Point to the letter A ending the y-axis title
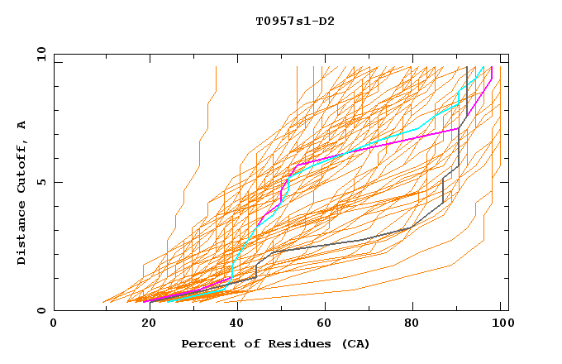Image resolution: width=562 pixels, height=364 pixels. [x=21, y=125]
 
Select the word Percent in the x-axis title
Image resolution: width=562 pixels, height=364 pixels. [x=207, y=344]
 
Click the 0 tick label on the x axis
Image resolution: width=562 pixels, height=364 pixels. [x=54, y=323]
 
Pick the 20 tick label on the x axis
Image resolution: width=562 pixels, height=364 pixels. [x=144, y=323]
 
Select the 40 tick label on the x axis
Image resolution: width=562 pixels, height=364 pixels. [x=234, y=323]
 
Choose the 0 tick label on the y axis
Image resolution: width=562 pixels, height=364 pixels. [x=41, y=311]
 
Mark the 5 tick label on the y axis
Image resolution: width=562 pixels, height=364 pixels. [x=41, y=183]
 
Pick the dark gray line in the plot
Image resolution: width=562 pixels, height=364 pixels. [x=331, y=245]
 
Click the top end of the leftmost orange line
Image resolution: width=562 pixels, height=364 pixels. [x=216, y=67]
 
